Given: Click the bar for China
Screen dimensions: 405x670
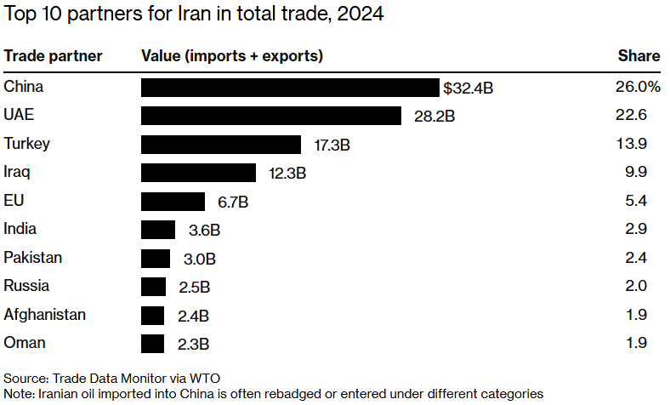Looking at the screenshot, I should pyautogui.click(x=290, y=88).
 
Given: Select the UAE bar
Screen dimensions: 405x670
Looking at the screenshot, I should pyautogui.click(x=270, y=116).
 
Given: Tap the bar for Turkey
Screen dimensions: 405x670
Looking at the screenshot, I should pyautogui.click(x=221, y=145).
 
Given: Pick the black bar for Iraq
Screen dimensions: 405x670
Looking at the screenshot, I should pyautogui.click(x=198, y=173).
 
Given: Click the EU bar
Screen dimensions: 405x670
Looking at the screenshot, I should pyautogui.click(x=173, y=202).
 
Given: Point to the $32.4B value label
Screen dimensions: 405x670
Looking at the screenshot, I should pyautogui.click(x=468, y=88).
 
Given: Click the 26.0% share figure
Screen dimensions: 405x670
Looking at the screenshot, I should pyautogui.click(x=638, y=87).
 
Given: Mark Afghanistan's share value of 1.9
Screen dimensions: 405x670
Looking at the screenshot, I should pyautogui.click(x=636, y=315).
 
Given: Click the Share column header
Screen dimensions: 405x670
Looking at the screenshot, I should pyautogui.click(x=639, y=56).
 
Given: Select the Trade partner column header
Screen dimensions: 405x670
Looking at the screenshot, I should pyautogui.click(x=53, y=56).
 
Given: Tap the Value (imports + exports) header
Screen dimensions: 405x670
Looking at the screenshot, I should pyautogui.click(x=231, y=56).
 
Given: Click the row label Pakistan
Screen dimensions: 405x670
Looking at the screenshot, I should pyautogui.click(x=32, y=258).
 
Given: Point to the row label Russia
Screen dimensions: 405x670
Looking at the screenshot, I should pyautogui.click(x=26, y=286).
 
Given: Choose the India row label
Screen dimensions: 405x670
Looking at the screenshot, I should pyautogui.click(x=20, y=229).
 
